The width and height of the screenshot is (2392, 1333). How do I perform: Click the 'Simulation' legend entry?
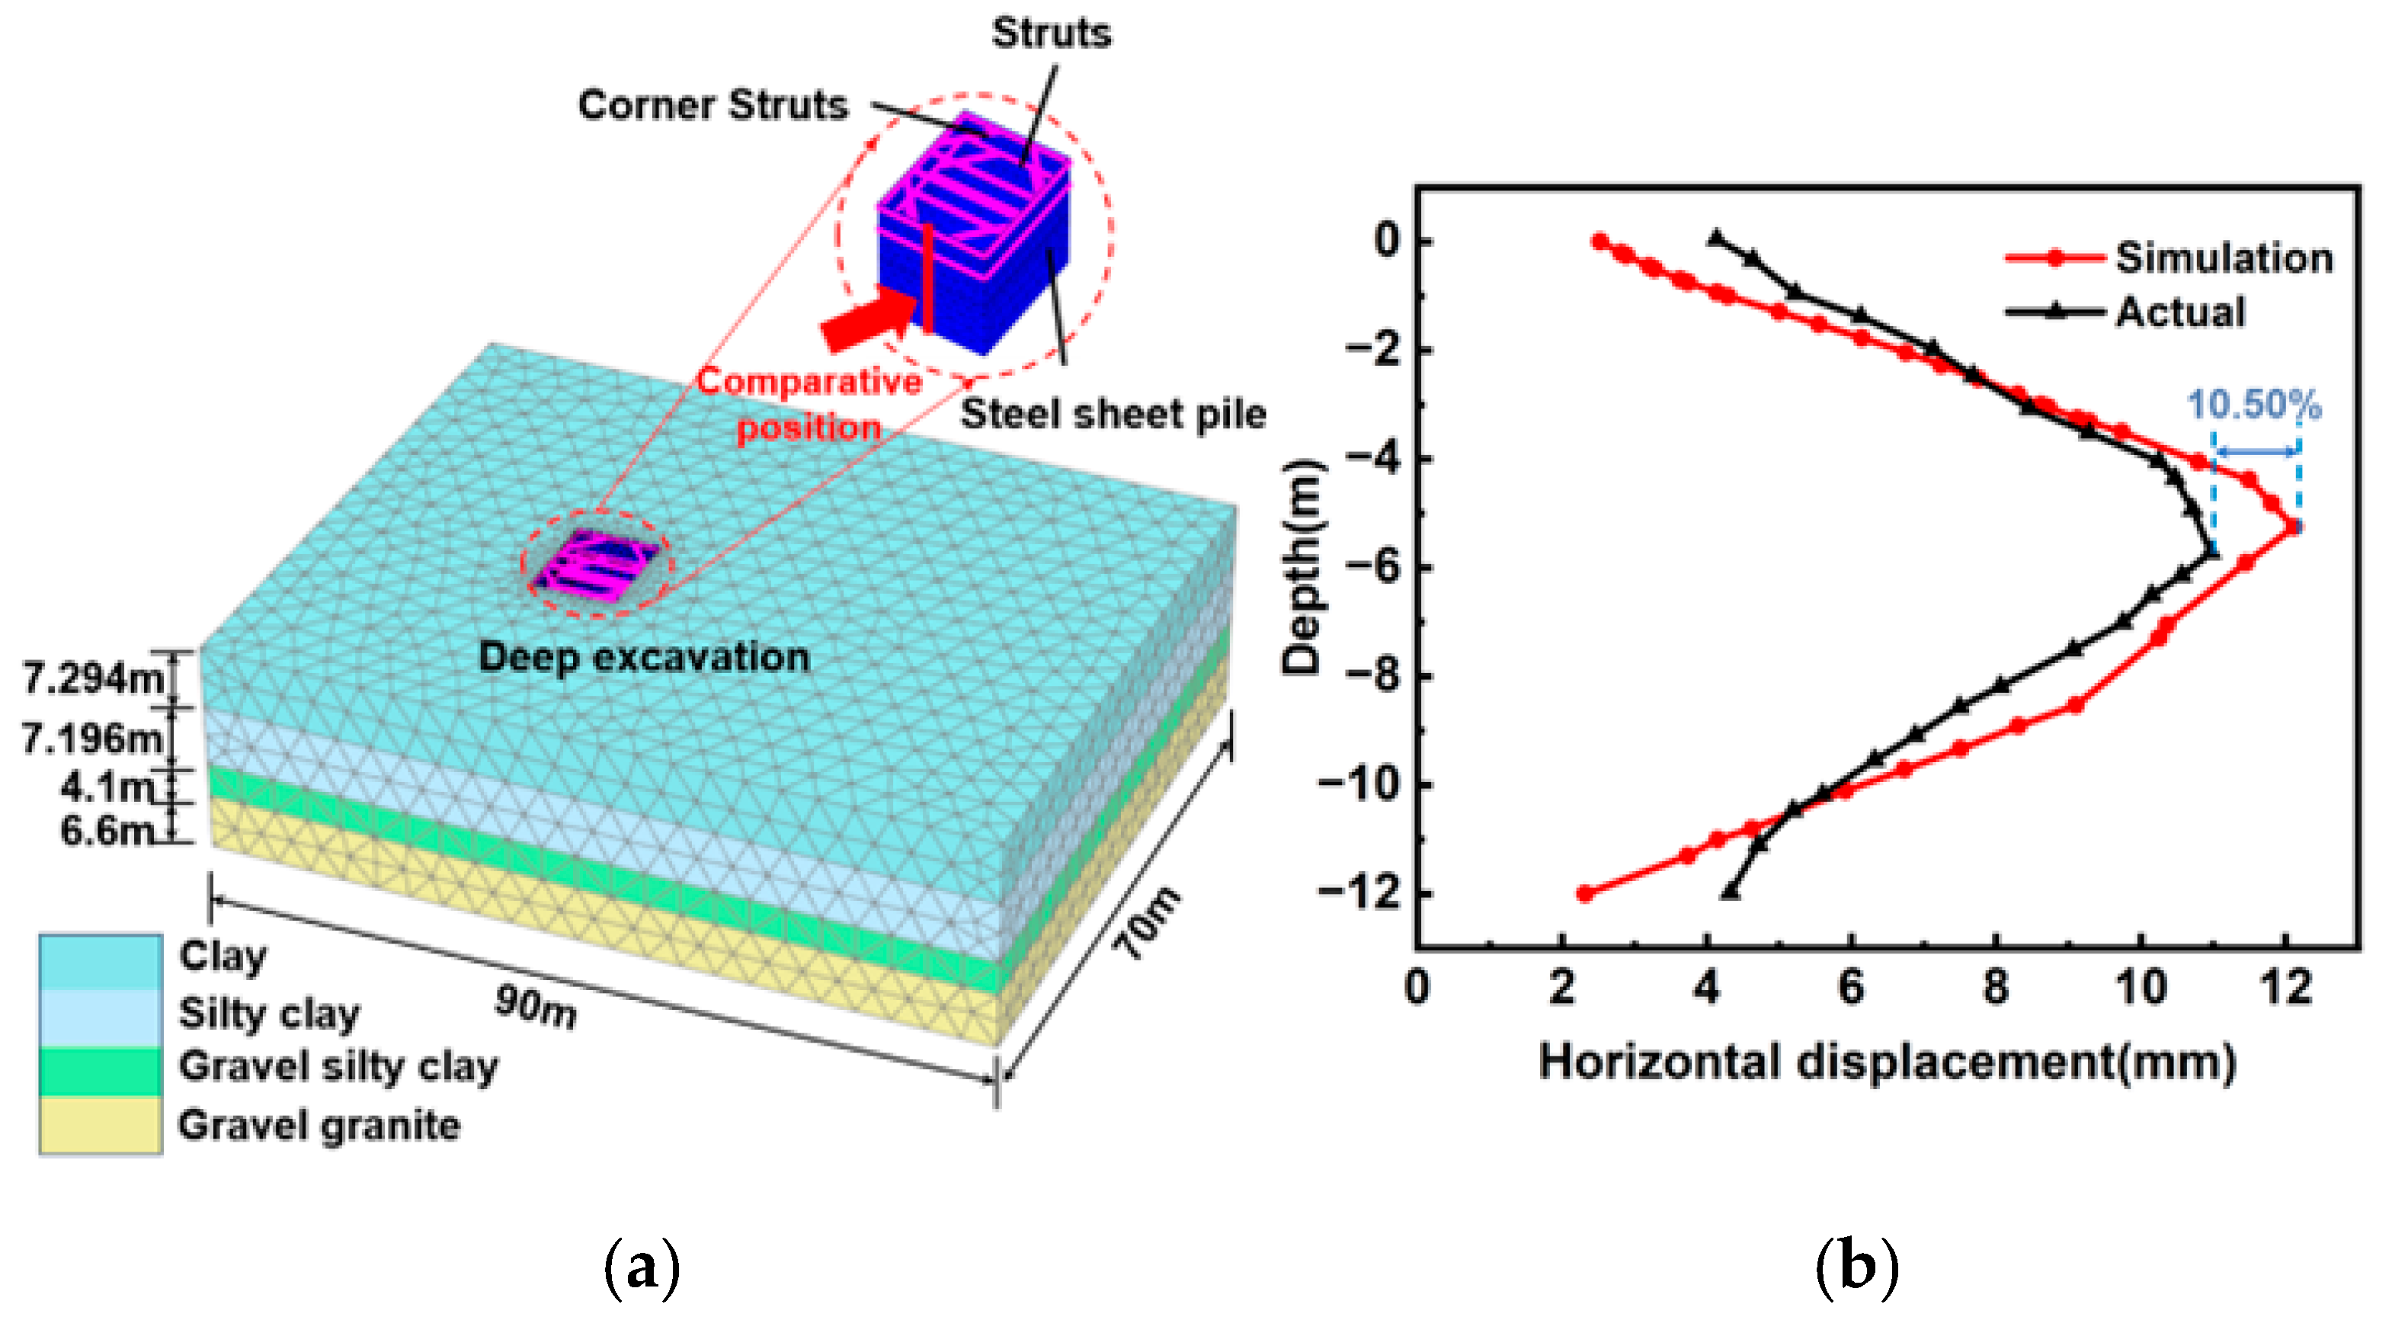click(x=2223, y=258)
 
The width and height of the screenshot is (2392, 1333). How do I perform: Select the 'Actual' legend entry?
click(x=2180, y=312)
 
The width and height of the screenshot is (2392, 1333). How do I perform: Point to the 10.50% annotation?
click(x=2253, y=405)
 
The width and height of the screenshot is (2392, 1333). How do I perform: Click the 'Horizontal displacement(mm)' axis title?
click(x=1887, y=1062)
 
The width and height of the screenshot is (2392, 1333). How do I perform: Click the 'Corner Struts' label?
click(x=712, y=105)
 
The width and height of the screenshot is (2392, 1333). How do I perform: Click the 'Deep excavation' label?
click(x=643, y=658)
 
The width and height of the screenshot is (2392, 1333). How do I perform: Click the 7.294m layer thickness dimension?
click(x=92, y=679)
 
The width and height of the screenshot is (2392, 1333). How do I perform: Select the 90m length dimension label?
click(x=535, y=1007)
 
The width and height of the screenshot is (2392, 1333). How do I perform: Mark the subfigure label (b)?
click(x=1856, y=1267)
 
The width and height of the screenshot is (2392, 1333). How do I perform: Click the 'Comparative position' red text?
click(x=809, y=405)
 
